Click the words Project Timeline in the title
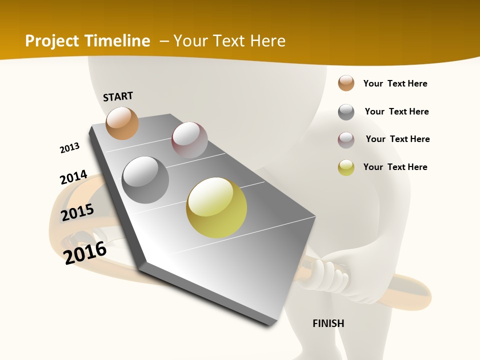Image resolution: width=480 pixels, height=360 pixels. pyautogui.click(x=87, y=41)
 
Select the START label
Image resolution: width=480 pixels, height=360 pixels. pyautogui.click(x=118, y=96)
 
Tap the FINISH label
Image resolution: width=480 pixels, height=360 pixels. pyautogui.click(x=328, y=323)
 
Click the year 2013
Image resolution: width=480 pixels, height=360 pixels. pyautogui.click(x=69, y=147)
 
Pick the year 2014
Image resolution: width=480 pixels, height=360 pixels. pyautogui.click(x=73, y=177)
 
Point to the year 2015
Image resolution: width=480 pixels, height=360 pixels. pyautogui.click(x=77, y=212)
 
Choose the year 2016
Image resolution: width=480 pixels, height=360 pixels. pyautogui.click(x=85, y=252)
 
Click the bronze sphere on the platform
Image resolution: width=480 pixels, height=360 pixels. pyautogui.click(x=122, y=123)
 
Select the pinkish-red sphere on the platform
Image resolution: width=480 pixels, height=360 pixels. pyautogui.click(x=189, y=140)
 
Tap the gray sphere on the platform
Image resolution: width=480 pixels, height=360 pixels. pyautogui.click(x=145, y=179)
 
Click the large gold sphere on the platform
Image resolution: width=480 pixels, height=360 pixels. pyautogui.click(x=216, y=207)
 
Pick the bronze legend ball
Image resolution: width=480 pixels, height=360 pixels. pyautogui.click(x=346, y=83)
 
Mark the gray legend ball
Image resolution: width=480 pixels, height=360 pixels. pyautogui.click(x=346, y=112)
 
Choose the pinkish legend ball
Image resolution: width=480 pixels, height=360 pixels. pyautogui.click(x=346, y=140)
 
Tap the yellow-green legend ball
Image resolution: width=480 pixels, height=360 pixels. pyautogui.click(x=346, y=167)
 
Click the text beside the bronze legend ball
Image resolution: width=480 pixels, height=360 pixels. pyautogui.click(x=395, y=83)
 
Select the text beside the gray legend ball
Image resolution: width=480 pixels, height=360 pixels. pyautogui.click(x=396, y=111)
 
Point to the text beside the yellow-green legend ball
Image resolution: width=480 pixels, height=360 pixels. pyautogui.click(x=395, y=167)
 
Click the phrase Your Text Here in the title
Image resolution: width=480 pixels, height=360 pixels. pyautogui.click(x=229, y=41)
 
